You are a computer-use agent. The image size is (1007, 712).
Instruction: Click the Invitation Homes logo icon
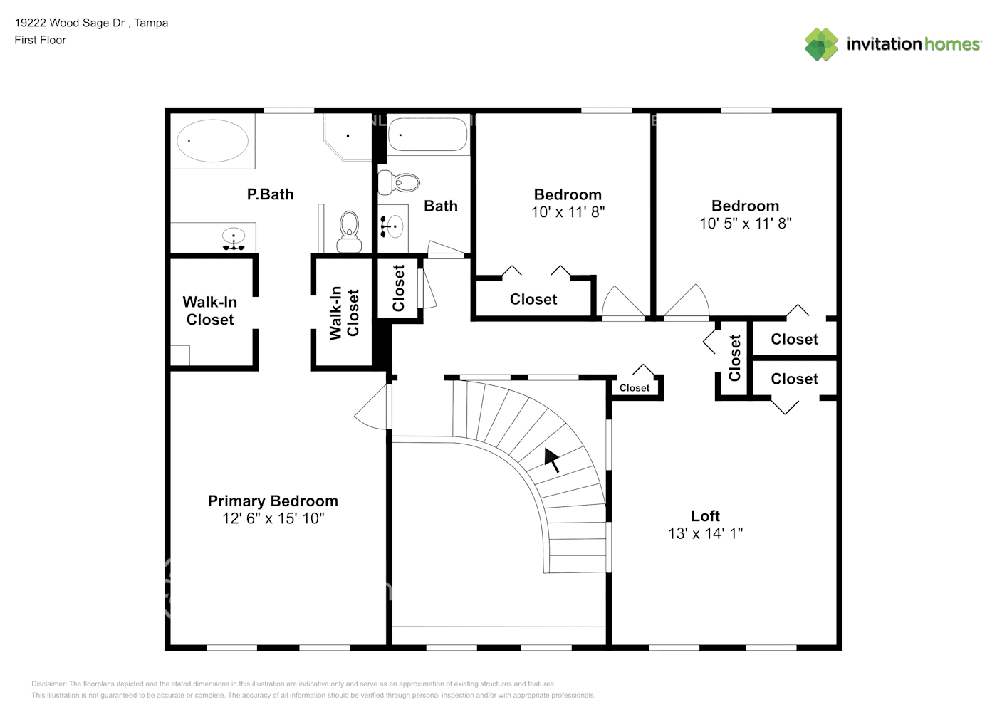(821, 44)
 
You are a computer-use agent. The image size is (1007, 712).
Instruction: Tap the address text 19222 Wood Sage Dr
(70, 23)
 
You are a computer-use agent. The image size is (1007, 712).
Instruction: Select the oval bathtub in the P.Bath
(212, 141)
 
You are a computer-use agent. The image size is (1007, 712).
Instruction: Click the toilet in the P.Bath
(349, 231)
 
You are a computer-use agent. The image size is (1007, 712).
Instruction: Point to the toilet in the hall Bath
(399, 182)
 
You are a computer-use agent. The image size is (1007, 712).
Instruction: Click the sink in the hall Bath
(392, 226)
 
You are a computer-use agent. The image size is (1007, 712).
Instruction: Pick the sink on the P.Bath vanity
(234, 238)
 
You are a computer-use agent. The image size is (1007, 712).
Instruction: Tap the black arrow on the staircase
(551, 460)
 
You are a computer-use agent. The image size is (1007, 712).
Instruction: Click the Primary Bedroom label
(273, 501)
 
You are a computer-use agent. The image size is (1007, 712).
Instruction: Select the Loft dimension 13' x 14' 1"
(705, 533)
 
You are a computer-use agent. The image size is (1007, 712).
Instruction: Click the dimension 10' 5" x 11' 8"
(745, 224)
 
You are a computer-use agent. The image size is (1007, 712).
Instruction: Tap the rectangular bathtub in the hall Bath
(427, 135)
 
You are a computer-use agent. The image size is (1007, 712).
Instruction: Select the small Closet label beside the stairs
(634, 388)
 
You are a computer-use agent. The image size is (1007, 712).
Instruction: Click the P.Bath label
(270, 194)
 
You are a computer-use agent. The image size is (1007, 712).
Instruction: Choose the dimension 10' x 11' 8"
(568, 212)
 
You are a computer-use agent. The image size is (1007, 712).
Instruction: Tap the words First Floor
(40, 41)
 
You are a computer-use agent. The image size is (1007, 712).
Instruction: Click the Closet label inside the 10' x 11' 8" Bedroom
(533, 300)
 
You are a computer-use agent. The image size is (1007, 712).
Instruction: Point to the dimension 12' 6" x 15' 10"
(273, 519)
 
